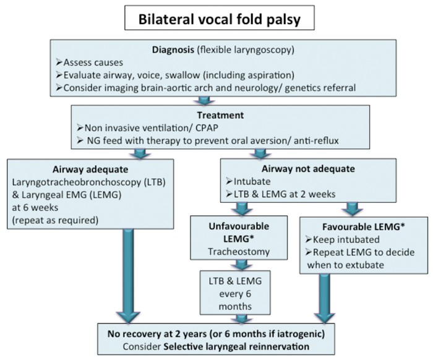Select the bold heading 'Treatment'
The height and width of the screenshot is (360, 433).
220,115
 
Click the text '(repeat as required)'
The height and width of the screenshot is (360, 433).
55,219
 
